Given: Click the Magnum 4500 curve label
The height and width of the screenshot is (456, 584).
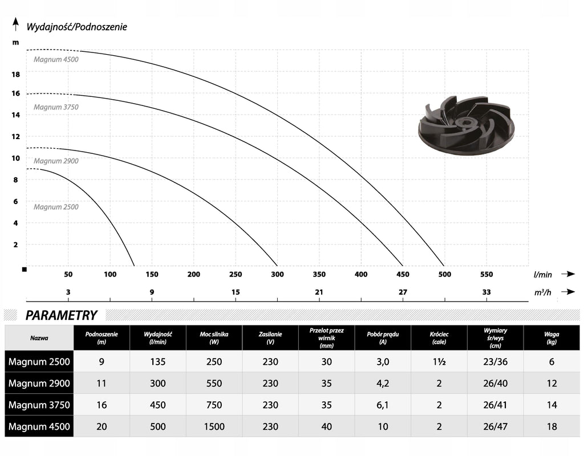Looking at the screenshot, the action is pyautogui.click(x=56, y=59).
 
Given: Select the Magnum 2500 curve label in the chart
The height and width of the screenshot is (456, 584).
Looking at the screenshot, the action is pyautogui.click(x=56, y=207).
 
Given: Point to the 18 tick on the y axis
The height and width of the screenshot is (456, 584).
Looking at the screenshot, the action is pyautogui.click(x=15, y=75).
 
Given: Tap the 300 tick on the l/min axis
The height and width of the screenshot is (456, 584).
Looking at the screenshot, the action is pyautogui.click(x=277, y=274).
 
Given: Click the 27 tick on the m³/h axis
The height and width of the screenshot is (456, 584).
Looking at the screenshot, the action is pyautogui.click(x=403, y=292).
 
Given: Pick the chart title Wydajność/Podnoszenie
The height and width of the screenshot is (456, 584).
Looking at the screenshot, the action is pyautogui.click(x=77, y=27).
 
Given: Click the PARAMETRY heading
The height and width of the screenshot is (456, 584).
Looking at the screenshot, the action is pyautogui.click(x=61, y=315).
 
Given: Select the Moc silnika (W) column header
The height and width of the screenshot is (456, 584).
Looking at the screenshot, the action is pyautogui.click(x=214, y=338).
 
